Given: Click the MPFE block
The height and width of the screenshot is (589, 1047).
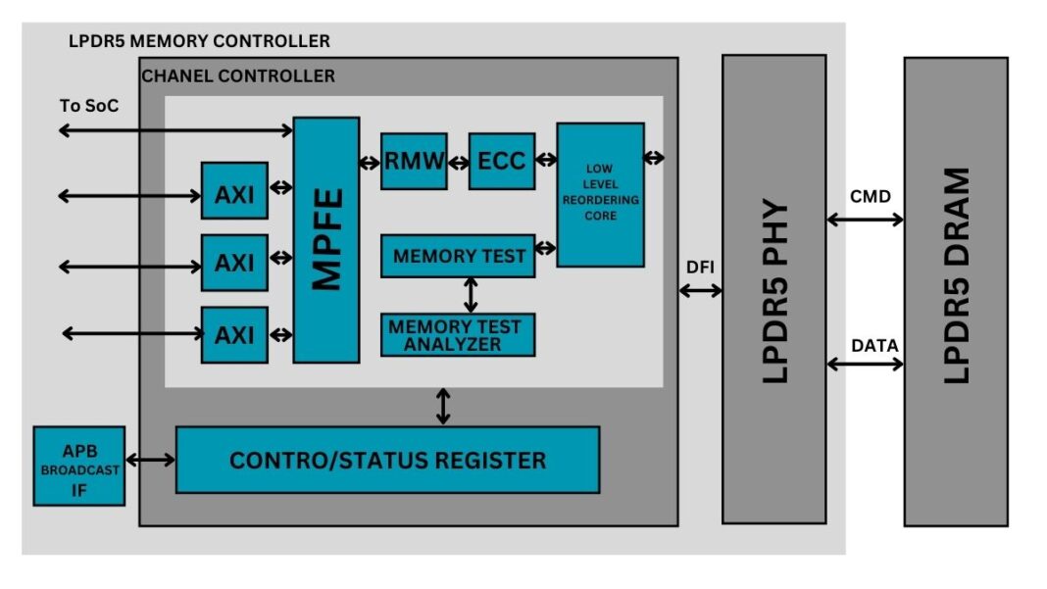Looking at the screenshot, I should [325, 240].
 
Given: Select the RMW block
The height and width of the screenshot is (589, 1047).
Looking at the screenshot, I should [414, 161].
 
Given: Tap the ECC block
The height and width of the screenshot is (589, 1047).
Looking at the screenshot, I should [502, 161].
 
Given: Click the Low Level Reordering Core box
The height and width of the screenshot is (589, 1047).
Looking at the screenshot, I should [600, 195].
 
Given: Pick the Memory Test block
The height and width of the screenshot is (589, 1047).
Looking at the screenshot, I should [458, 257].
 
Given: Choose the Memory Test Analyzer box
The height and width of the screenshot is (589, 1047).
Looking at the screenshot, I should [458, 334].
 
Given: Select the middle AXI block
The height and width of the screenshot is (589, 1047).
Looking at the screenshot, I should [234, 263].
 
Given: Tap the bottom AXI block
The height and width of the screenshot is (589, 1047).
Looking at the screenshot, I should [234, 334].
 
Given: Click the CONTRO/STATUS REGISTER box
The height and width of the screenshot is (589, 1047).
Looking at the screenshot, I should [387, 460].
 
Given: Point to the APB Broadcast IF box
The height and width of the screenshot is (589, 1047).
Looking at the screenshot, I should [79, 466].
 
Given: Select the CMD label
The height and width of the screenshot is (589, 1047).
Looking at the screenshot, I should [870, 197].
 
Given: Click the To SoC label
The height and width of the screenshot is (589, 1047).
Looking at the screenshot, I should [89, 105].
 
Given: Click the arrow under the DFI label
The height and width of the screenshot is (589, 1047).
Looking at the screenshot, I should [700, 290].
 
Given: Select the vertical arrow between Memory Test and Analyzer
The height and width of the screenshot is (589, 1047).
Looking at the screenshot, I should [472, 295].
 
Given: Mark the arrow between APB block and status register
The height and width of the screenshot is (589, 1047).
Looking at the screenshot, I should [150, 460].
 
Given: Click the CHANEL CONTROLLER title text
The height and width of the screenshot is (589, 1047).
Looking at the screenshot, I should [238, 75].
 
